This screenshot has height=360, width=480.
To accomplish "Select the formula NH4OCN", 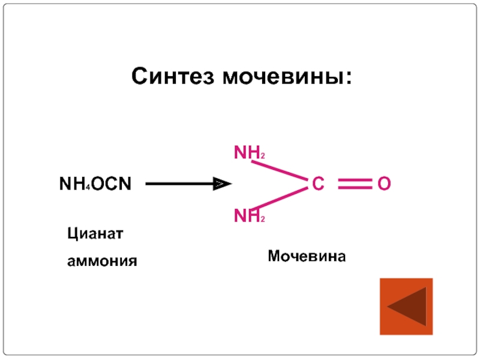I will pos(95,183).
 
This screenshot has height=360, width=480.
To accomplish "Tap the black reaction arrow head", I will pos(223,184).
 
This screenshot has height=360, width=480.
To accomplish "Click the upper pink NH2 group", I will pos(249,154).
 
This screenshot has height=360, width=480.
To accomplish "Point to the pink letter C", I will pos(317,184).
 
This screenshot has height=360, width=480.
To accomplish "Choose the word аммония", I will pos(102,261).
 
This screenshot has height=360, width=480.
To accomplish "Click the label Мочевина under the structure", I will pos(307,257).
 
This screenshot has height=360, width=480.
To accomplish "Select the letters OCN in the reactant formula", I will pos(110,183).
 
